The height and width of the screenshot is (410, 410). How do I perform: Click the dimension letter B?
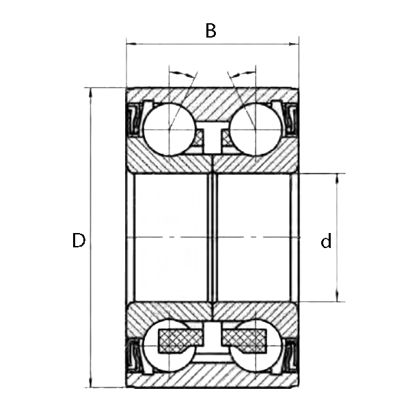(211, 31)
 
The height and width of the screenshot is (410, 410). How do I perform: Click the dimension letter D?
(79, 241)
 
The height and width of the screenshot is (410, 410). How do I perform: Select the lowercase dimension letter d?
(327, 241)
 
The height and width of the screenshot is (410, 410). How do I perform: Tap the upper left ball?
(168, 128)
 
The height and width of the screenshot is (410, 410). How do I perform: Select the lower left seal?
(134, 356)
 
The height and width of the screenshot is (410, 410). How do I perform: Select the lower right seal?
(290, 356)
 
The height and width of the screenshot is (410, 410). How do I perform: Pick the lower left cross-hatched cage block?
(180, 339)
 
